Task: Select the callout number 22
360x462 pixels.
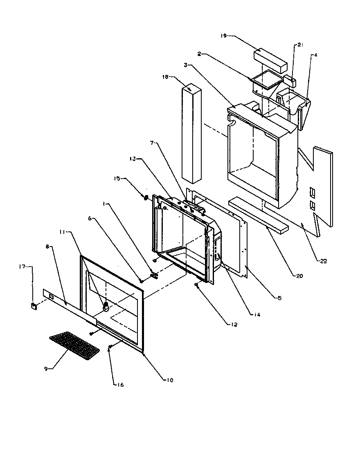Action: point(324,262)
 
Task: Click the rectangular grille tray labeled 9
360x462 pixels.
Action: point(74,345)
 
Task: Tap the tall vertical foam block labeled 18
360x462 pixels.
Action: point(191,133)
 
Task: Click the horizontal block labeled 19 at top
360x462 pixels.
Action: point(270,59)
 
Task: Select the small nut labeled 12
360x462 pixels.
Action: point(197,285)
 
